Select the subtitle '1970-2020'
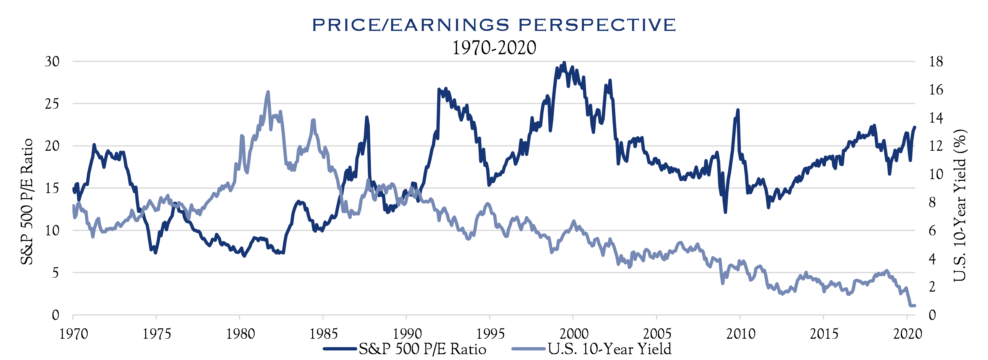point(494,48)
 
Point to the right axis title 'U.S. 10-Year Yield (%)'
point(960,205)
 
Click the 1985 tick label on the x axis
point(323,334)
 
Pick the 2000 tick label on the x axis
point(573,334)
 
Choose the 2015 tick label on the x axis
point(824,334)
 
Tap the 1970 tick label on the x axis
point(73,334)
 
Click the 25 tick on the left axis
point(52,104)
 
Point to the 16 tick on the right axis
point(935,90)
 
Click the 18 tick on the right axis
point(935,61)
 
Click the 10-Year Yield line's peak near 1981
point(268,92)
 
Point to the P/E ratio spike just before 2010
point(737,110)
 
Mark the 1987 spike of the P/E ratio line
point(367,117)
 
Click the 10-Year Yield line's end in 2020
point(914,306)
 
